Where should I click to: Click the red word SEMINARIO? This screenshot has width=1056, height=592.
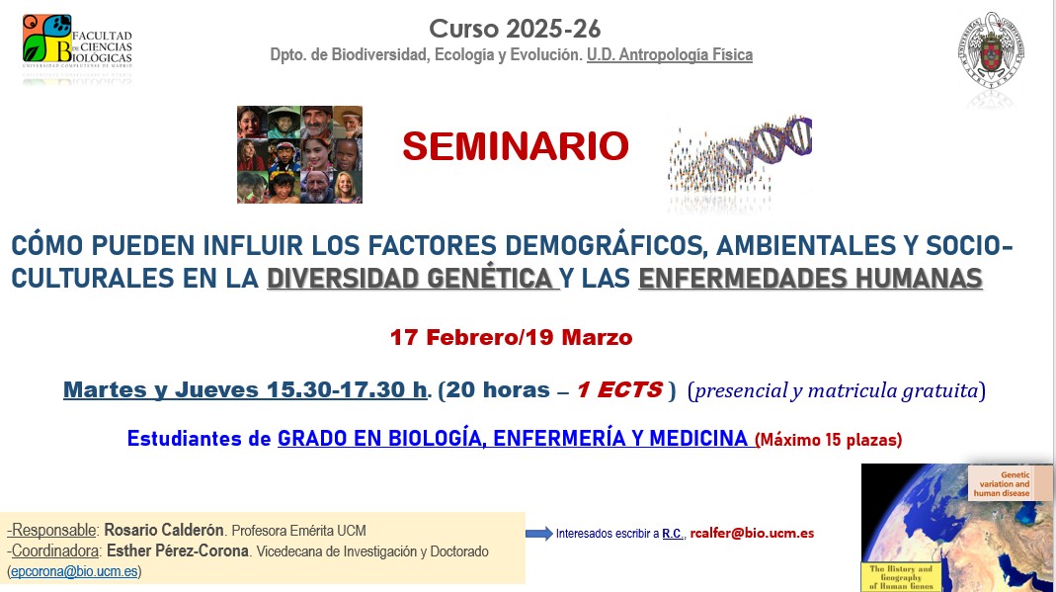(x=515, y=146)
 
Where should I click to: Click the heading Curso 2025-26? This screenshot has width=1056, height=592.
(x=514, y=29)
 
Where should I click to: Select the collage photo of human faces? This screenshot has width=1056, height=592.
(x=299, y=154)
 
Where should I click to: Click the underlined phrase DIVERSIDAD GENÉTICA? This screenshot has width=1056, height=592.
(x=412, y=279)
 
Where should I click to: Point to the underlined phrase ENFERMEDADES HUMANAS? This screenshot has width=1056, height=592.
(x=810, y=279)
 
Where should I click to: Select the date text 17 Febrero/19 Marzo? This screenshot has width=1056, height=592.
(x=511, y=337)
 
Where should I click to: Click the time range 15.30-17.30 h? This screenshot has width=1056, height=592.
(x=348, y=389)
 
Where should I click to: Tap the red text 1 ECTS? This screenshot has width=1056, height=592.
(x=619, y=389)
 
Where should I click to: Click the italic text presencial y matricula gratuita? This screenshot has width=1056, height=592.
(x=838, y=390)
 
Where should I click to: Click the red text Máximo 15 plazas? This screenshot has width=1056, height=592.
(x=830, y=438)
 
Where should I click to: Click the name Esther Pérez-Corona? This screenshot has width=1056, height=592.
(x=177, y=550)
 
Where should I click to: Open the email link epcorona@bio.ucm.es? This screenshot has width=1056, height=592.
(x=75, y=571)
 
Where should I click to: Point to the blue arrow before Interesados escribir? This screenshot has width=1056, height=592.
(x=538, y=534)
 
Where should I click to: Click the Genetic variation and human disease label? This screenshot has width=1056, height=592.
(x=1001, y=483)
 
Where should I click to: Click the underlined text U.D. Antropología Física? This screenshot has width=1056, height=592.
(x=669, y=55)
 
